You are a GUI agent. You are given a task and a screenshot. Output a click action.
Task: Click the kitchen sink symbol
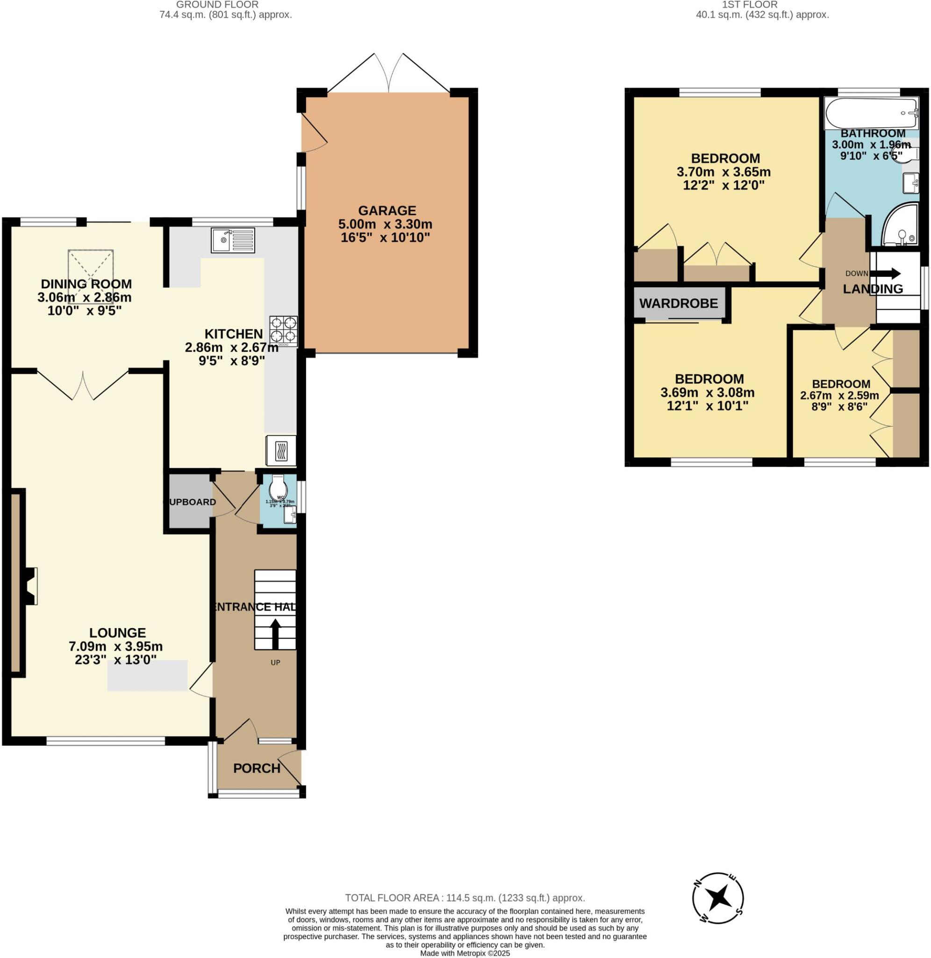[x=233, y=240]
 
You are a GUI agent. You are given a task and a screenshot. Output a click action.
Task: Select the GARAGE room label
[x=387, y=210]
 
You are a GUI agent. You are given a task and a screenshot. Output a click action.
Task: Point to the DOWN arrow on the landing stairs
[x=888, y=273]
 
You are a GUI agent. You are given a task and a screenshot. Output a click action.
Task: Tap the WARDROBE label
[x=678, y=303]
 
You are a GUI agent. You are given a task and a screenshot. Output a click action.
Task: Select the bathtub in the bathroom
[x=871, y=113]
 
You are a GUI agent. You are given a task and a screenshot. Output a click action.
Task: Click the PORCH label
[x=257, y=768]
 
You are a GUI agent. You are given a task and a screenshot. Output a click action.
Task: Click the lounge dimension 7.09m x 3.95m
[x=115, y=646]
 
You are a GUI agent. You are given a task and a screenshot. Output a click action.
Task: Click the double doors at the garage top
[x=389, y=73]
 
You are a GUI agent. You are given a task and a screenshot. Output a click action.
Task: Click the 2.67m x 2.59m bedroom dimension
[x=839, y=395]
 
